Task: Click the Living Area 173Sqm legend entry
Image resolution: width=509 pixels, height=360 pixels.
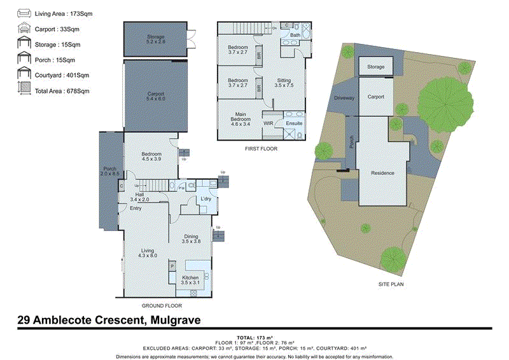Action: [61, 13]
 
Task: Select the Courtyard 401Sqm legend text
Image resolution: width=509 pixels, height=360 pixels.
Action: [62, 75]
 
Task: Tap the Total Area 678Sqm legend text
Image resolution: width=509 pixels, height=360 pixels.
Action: [62, 91]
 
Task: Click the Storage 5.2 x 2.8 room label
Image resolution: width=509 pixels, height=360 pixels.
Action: [156, 39]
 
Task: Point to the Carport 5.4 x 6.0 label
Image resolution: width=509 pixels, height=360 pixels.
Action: [156, 96]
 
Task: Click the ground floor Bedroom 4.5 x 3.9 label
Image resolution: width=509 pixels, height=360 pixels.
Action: [151, 157]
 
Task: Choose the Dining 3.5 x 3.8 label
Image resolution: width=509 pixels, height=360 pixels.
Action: [191, 239]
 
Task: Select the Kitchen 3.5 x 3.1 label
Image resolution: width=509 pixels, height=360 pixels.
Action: [191, 280]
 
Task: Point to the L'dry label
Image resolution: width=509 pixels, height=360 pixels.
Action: [206, 200]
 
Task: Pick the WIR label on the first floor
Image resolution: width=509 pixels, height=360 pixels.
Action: [268, 123]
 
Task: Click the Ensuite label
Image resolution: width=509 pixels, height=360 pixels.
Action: [294, 123]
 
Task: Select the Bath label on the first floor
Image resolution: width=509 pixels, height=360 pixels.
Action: [295, 35]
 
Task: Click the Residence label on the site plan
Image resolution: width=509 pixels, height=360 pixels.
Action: [382, 173]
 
